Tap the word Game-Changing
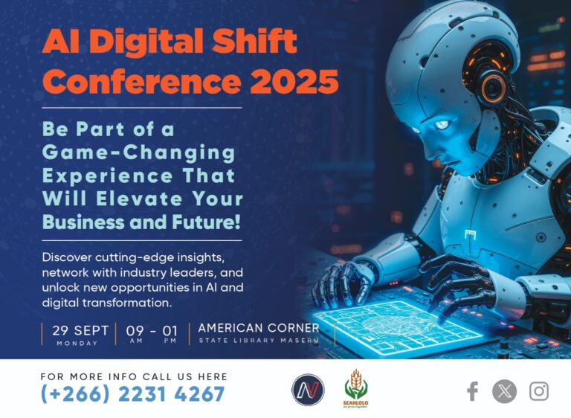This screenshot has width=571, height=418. coord(138,153)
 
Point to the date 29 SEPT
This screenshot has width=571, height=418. coord(80,330)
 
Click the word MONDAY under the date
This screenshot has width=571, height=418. coord(77,343)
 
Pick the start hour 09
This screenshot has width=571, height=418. coord(135,330)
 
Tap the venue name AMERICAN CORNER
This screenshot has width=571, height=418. coord(259,328)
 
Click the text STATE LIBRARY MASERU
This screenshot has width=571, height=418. coord(259,341)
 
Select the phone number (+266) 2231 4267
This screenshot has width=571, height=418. coord(132,394)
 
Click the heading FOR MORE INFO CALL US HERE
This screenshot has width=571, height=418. coord(134,376)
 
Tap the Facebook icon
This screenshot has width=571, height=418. coord(471,391)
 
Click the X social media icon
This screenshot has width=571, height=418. coord(504,391)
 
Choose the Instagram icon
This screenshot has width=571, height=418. coord(538,391)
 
